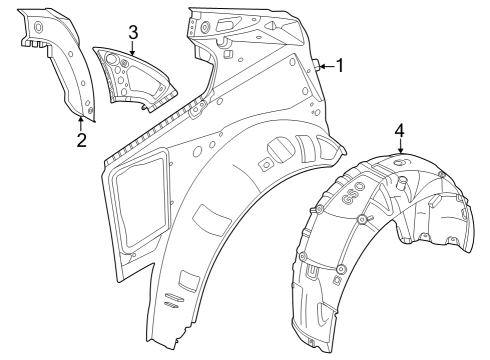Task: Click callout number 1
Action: click(339, 66)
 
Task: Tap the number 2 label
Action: click(82, 138)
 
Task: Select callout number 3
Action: click(132, 32)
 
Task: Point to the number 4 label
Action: click(399, 131)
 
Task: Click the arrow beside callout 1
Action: click(326, 66)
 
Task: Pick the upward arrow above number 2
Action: click(82, 122)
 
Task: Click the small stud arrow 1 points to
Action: click(316, 65)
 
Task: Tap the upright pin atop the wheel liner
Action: click(401, 182)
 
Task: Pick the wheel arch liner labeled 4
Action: click(380, 230)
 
